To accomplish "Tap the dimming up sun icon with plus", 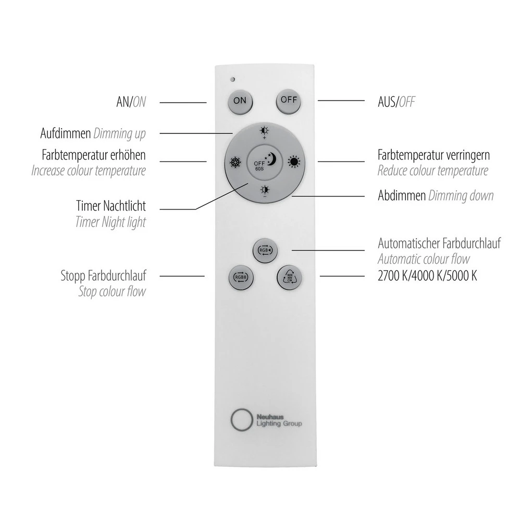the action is [265, 132].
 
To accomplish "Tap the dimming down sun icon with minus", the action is [265, 191].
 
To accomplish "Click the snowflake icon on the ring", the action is [235, 163].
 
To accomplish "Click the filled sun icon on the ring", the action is [294, 162].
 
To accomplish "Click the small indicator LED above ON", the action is [233, 79].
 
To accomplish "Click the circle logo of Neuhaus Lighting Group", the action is [242, 419].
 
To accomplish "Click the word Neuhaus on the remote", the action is [270, 417].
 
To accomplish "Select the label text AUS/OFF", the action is [396, 102].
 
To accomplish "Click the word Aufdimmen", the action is [66, 133].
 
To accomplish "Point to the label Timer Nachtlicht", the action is [110, 206].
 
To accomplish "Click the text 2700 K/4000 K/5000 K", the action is [427, 276].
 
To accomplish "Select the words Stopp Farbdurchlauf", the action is [103, 276].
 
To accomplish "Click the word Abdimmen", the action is [402, 195].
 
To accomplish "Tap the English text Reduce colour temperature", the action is [432, 171].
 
